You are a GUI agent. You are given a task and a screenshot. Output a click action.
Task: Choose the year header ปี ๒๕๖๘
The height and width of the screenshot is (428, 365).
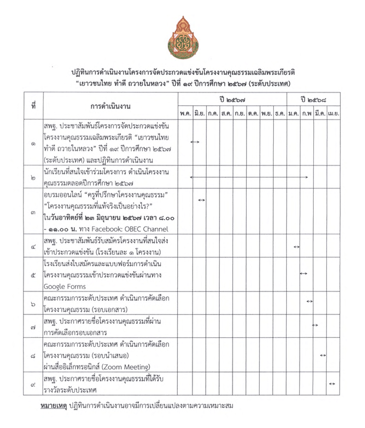tap(313, 98)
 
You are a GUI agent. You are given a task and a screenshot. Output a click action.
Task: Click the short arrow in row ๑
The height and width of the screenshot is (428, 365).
tap(195, 142)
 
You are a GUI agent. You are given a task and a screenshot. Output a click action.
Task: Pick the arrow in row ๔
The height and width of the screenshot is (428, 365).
tap(297, 247)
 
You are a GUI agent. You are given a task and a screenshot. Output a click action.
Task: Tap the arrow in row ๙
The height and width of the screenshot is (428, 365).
tap(332, 384)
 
